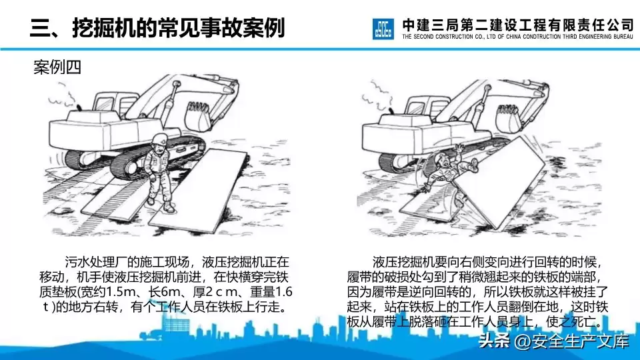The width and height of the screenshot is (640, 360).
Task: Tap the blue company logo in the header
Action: click(385, 29)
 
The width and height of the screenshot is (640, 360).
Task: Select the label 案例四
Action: click(57, 68)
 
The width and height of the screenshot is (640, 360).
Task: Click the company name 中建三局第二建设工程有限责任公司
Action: click(517, 23)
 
